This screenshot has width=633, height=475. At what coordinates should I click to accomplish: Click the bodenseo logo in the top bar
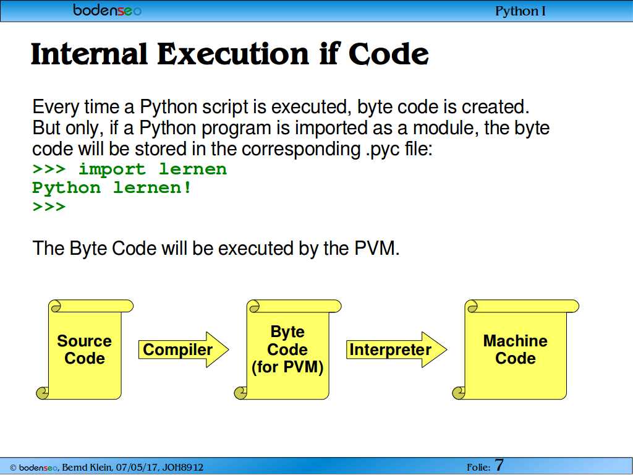(x=108, y=10)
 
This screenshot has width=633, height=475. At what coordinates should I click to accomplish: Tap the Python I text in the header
(x=520, y=11)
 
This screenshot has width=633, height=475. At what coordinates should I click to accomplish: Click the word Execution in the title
(x=233, y=54)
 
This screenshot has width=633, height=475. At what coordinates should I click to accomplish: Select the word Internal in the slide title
(x=89, y=54)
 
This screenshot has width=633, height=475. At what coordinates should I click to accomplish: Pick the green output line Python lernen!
(x=112, y=188)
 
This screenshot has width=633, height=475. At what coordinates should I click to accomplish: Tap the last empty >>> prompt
(x=49, y=207)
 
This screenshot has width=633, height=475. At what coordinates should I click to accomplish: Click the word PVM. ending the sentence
(x=377, y=248)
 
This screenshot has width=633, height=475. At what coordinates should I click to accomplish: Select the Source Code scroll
(x=85, y=350)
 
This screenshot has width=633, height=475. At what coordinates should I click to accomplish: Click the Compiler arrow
(x=184, y=350)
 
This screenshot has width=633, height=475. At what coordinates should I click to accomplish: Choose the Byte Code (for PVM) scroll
(x=288, y=350)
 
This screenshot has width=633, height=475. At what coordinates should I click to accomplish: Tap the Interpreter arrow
(x=396, y=350)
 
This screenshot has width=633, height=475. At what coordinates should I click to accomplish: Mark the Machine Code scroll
(x=516, y=350)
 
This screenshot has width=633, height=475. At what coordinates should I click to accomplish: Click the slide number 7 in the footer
(x=499, y=465)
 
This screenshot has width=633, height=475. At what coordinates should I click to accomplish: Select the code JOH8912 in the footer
(x=183, y=468)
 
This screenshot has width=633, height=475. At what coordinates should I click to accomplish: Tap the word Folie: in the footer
(x=479, y=468)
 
